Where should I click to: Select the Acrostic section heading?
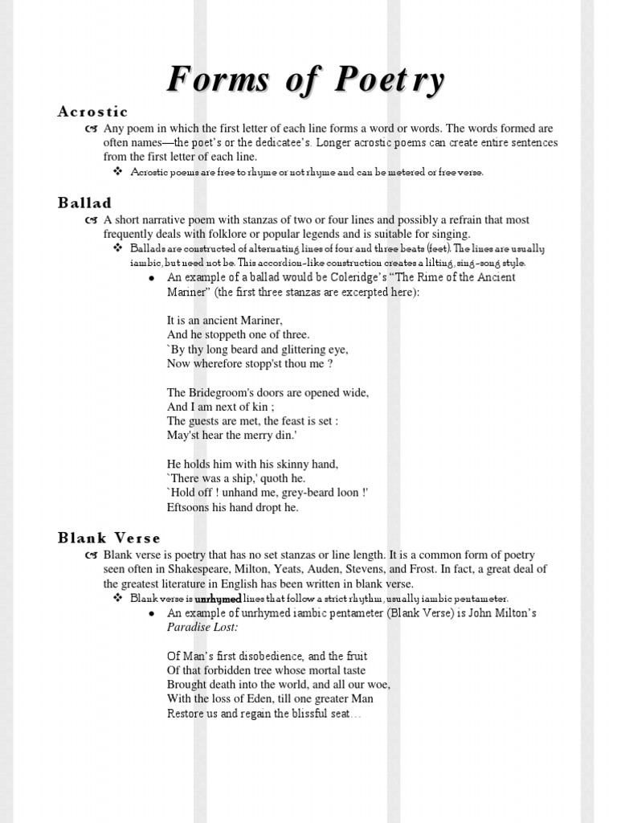[92, 112]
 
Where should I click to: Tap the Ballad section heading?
[84, 203]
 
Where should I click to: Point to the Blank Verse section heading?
[109, 538]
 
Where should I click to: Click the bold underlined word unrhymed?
[219, 599]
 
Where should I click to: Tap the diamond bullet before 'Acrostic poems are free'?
[117, 172]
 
